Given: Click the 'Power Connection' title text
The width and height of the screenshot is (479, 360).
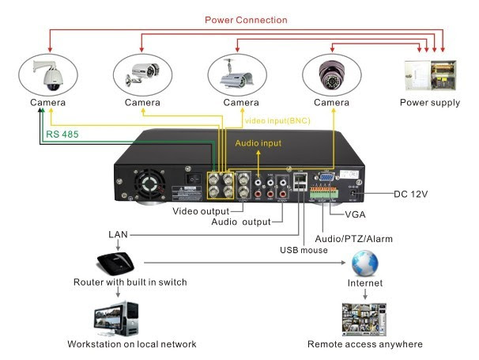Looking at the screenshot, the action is (x=246, y=21).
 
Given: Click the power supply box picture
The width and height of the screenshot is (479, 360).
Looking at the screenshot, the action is (x=431, y=75).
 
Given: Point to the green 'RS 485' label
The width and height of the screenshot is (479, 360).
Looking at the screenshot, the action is (x=62, y=135).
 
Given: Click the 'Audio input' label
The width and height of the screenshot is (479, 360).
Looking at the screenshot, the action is (x=258, y=143).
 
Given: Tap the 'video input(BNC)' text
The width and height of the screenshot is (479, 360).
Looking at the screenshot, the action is (x=277, y=121).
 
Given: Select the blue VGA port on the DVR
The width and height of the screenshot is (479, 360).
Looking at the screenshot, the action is (x=326, y=177).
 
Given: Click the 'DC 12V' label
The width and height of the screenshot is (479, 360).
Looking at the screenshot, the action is (x=410, y=194).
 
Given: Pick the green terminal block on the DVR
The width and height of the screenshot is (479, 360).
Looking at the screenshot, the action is (x=324, y=193).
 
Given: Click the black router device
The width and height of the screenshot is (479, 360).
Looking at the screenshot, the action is (x=115, y=263).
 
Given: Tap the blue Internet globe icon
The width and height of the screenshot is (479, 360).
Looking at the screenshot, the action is (x=364, y=263).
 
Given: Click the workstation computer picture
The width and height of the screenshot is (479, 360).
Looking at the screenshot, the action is (x=116, y=319).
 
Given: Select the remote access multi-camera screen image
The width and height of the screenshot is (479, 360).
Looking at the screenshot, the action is (x=364, y=319).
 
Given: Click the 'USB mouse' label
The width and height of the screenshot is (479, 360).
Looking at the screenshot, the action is (x=304, y=250).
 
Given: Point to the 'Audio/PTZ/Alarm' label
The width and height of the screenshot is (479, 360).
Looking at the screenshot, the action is (x=353, y=239).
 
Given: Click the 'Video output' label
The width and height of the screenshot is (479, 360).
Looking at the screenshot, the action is (x=201, y=211).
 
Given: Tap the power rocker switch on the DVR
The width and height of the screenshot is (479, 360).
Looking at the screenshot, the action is (x=194, y=178).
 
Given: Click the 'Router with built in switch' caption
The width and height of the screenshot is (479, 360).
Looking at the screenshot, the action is (x=130, y=282).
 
